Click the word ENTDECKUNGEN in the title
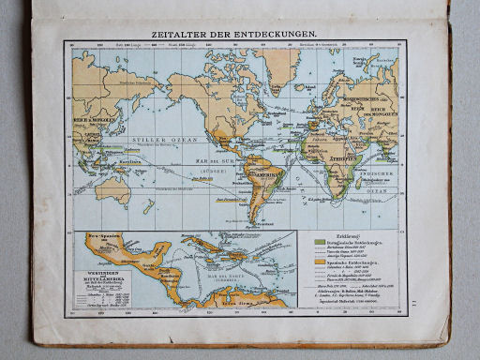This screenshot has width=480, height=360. click(x=273, y=31)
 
